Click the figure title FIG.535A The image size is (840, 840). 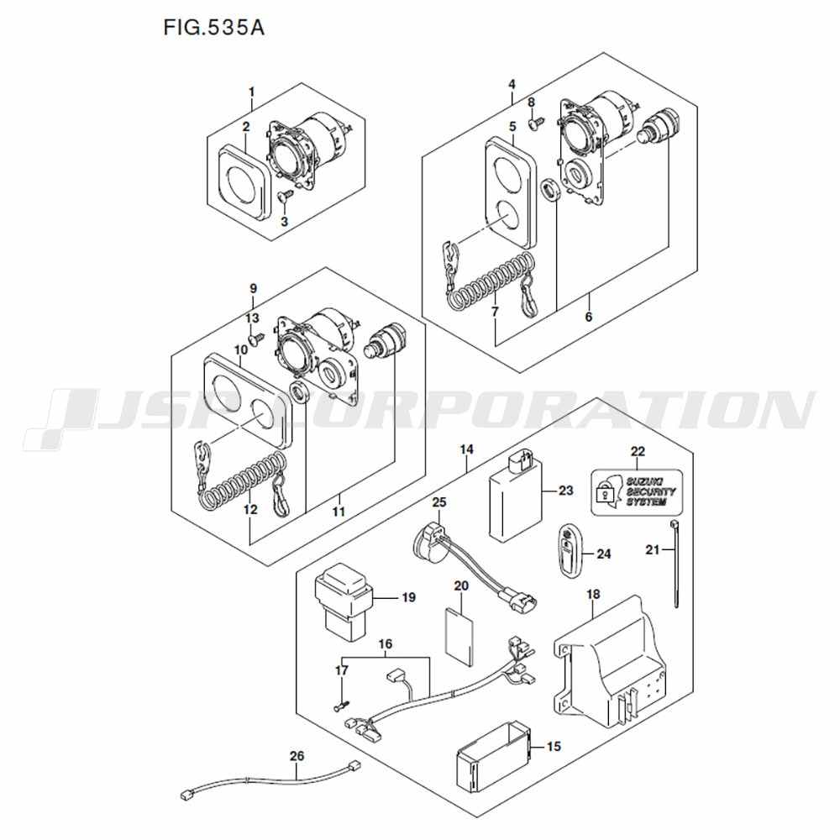coord(213,27)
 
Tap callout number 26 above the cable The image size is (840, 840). coord(297,755)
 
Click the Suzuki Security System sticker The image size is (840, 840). coord(637,492)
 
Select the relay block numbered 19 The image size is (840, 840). coord(341,601)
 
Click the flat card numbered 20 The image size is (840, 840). coord(459,637)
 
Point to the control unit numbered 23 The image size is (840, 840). coord(515,494)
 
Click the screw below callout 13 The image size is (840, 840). coord(257,339)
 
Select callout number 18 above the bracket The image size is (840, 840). coord(593,594)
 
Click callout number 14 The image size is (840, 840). coord(466,449)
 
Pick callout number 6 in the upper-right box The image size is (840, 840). coord(588,317)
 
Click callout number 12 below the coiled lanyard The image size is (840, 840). coord(250,509)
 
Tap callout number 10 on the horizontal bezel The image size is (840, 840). coord(240,349)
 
